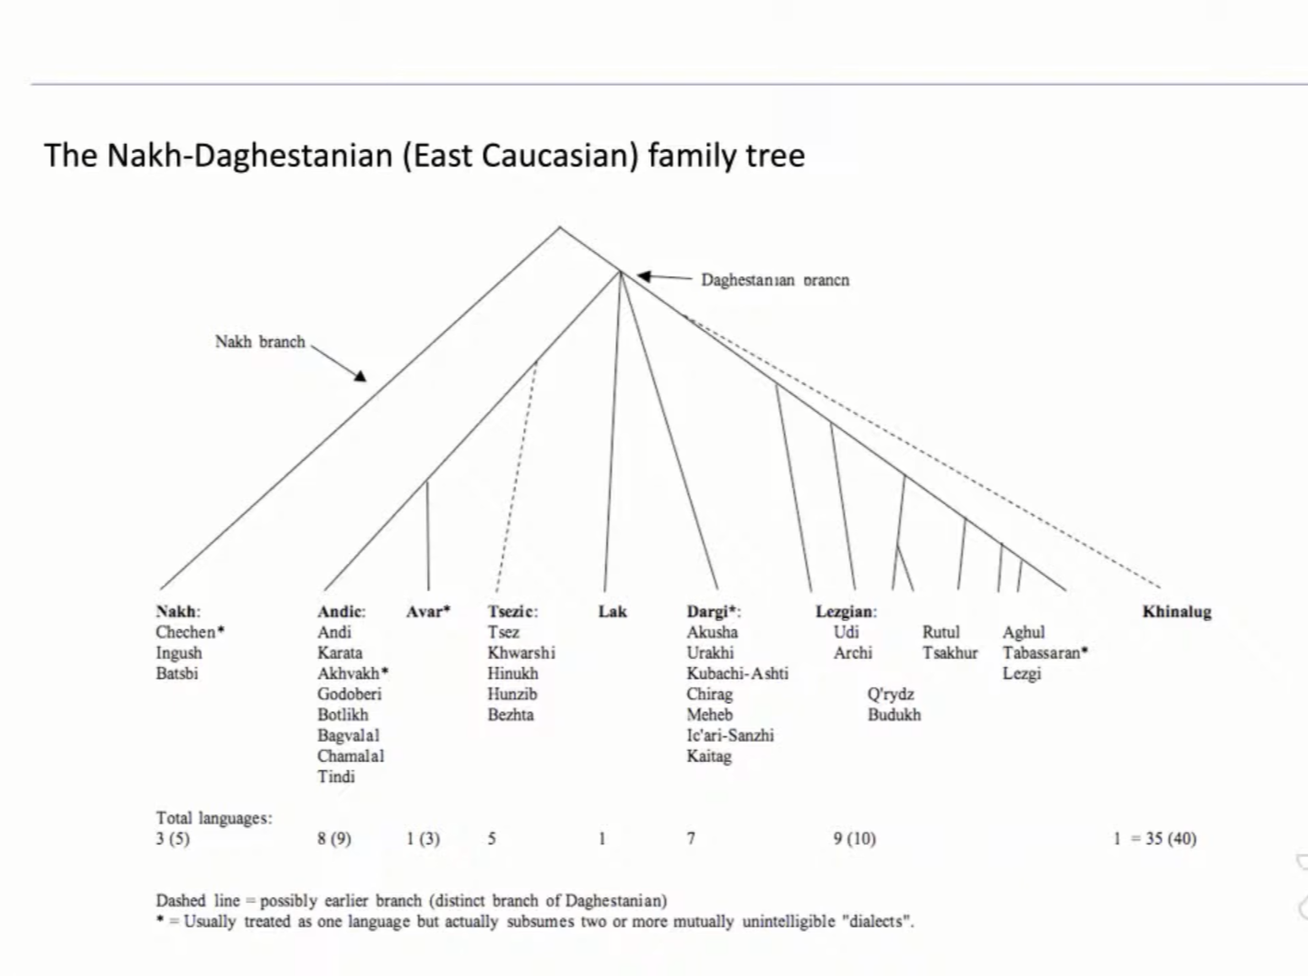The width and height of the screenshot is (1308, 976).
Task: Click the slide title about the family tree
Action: (x=424, y=155)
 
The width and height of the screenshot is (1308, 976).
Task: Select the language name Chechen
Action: (x=186, y=633)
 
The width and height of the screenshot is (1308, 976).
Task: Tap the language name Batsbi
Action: (x=176, y=673)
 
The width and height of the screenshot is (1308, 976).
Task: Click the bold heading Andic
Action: (x=341, y=612)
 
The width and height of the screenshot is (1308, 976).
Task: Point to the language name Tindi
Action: (x=335, y=776)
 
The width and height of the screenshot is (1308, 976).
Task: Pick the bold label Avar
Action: (x=426, y=612)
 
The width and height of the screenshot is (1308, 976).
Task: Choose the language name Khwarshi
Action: (x=521, y=652)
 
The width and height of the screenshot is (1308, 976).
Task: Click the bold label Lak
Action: (x=612, y=612)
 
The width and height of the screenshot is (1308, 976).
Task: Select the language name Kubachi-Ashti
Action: (x=737, y=673)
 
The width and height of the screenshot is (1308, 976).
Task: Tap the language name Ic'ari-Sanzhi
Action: (x=730, y=735)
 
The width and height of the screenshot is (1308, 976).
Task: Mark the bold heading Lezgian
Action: (x=846, y=612)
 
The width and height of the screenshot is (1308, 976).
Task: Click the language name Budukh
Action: (x=894, y=715)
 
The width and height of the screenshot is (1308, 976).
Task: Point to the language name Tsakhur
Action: (x=949, y=652)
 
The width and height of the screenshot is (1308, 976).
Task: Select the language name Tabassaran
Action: (x=1042, y=652)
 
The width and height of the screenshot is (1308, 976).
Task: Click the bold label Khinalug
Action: (x=1176, y=612)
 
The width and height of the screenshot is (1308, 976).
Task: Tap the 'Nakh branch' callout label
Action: (x=260, y=342)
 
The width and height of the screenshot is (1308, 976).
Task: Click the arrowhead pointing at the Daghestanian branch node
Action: (x=643, y=276)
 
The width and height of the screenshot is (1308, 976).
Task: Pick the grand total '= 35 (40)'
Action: (x=1171, y=839)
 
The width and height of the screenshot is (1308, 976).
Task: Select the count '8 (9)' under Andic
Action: (x=334, y=839)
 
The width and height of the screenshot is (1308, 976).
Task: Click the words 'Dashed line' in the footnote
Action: (x=198, y=901)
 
